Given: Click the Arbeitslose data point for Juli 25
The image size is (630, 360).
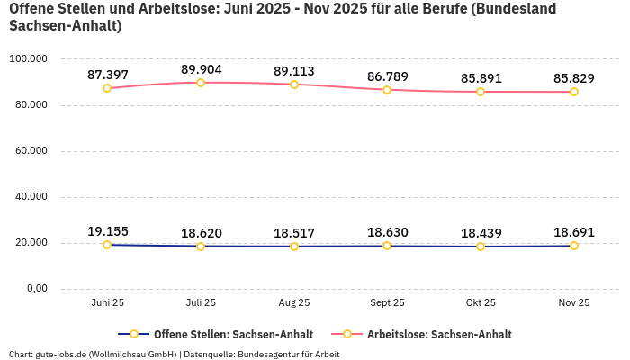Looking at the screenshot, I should [201, 83].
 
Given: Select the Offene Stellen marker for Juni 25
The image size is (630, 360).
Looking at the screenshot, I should [107, 245].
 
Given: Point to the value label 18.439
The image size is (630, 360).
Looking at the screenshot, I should [481, 233].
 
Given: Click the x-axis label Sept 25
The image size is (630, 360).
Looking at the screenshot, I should [387, 302].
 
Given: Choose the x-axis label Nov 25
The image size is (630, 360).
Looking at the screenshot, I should [573, 302].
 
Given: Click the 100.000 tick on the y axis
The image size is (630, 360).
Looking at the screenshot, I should [28, 59].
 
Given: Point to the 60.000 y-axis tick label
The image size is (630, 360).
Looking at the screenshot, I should [31, 151].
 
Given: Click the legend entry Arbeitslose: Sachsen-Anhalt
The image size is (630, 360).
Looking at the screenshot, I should [438, 334].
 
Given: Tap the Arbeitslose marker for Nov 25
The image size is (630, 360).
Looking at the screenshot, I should [574, 92].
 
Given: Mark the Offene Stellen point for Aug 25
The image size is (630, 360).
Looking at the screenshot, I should [294, 247].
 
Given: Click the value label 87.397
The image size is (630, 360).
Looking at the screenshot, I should [107, 75].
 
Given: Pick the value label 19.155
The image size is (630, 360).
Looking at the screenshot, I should [107, 231].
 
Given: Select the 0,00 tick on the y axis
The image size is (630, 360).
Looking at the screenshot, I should [35, 289].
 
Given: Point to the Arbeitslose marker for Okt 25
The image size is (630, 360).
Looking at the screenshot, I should [481, 92].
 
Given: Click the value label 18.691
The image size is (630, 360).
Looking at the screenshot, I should [573, 232].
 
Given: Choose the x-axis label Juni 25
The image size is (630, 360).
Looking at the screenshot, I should [107, 302].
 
